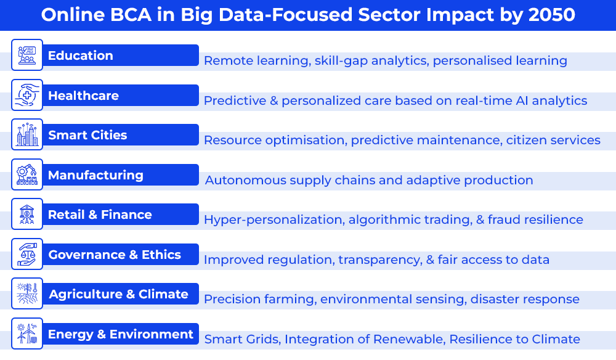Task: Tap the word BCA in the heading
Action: (131, 15)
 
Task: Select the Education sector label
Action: (81, 55)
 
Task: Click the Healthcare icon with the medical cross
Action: (27, 95)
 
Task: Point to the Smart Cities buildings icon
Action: (27, 134)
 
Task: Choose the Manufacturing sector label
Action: (95, 175)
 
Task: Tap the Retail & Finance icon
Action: (27, 214)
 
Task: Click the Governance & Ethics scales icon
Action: (27, 254)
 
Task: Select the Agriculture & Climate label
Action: (119, 294)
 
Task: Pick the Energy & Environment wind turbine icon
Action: (27, 333)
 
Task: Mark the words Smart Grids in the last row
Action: (242, 339)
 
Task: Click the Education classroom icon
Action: (27, 55)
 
